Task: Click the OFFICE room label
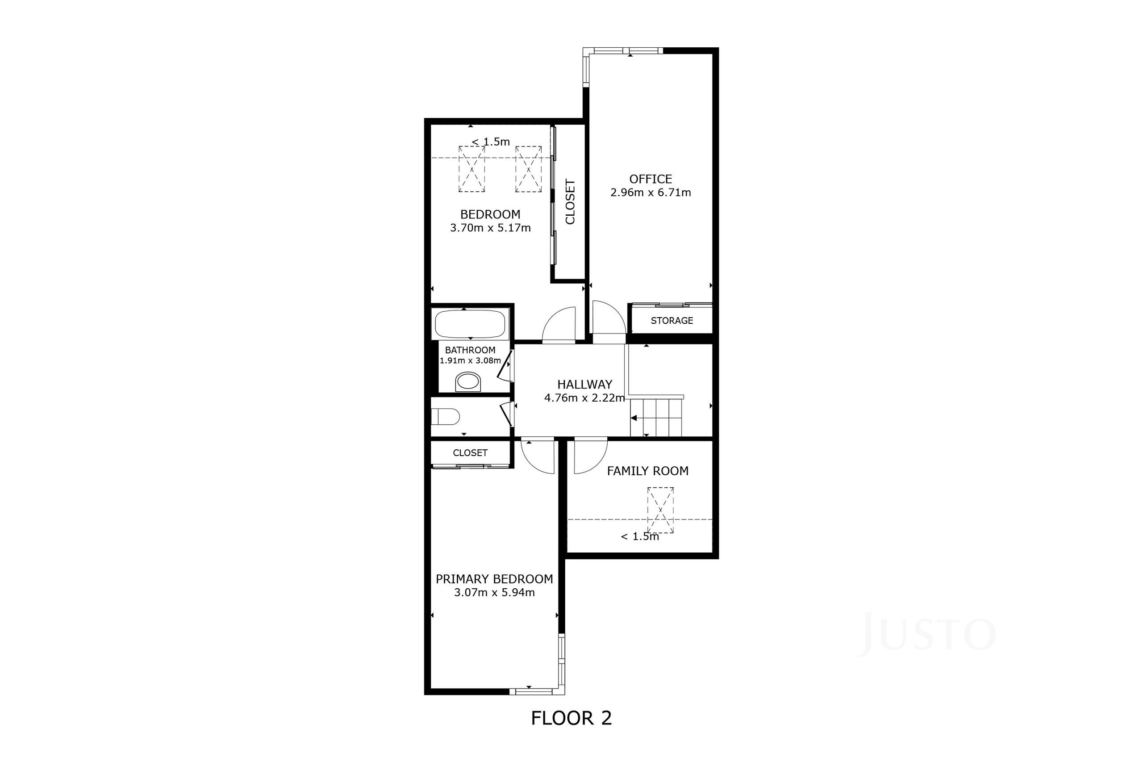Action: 651,179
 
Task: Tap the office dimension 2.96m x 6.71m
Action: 651,193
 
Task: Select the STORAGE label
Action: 672,321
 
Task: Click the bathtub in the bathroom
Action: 470,323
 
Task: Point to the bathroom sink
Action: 468,381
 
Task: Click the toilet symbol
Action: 446,416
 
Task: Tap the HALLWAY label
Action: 584,385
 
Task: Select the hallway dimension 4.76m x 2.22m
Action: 584,398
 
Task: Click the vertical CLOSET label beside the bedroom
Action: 570,202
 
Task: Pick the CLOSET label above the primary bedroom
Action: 470,453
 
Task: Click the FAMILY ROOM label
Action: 647,471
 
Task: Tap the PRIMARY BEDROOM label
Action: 494,579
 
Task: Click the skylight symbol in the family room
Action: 660,510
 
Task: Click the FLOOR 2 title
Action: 571,718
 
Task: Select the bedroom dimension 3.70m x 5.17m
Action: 490,228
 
